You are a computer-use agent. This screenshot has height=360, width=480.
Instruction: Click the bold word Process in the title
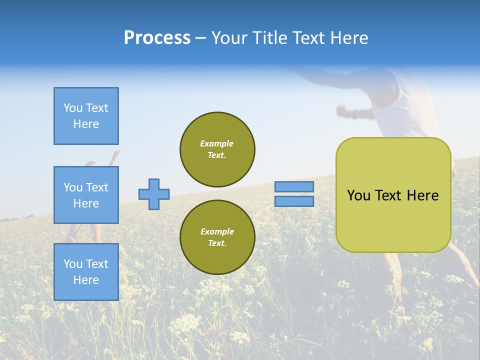click(x=157, y=37)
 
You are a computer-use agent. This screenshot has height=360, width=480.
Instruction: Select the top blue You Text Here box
click(x=86, y=116)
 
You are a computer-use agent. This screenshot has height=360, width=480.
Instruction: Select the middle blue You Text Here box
click(x=86, y=195)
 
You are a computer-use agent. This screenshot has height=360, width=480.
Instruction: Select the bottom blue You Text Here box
click(x=86, y=272)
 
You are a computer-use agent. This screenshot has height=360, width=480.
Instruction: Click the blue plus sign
click(x=154, y=194)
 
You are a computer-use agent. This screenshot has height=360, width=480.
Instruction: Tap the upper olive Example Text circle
click(x=217, y=149)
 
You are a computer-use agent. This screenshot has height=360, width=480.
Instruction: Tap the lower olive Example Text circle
click(x=217, y=237)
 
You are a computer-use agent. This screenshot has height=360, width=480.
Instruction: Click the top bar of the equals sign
click(x=294, y=186)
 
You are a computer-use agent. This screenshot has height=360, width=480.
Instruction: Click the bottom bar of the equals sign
click(x=294, y=201)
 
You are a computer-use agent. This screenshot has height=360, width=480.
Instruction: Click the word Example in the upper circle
click(x=217, y=143)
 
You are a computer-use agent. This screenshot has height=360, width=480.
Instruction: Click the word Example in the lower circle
click(x=217, y=231)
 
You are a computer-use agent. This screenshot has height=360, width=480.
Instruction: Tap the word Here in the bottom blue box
click(x=86, y=280)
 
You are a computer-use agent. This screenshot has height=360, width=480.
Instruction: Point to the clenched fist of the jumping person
click(x=342, y=109)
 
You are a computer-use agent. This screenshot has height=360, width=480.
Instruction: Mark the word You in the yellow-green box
click(x=358, y=195)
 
